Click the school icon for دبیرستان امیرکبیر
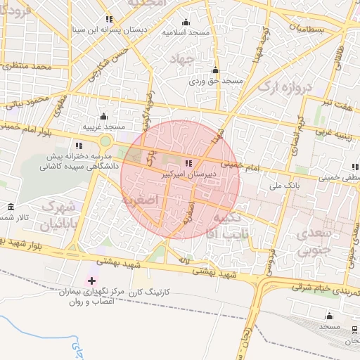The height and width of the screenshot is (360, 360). click(x=187, y=163)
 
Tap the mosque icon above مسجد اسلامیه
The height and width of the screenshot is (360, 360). click(x=186, y=22)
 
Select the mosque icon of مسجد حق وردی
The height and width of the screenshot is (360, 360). click(x=215, y=70)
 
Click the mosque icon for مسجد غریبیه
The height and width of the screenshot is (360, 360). click(x=104, y=116)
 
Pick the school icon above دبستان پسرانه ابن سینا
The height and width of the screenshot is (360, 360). click(x=108, y=19)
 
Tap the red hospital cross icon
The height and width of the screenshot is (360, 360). click(x=92, y=281)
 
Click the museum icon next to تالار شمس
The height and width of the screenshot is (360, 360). click(x=10, y=207)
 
